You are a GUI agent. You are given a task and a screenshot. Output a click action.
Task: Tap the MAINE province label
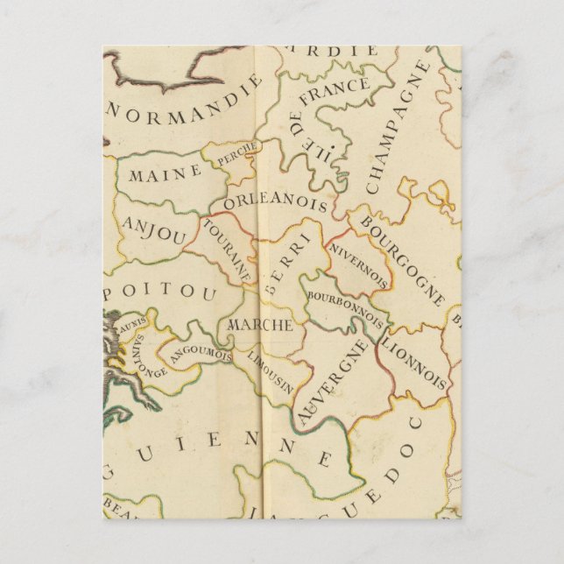[165, 173]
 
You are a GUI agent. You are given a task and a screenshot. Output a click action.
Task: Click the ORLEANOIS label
[275, 203]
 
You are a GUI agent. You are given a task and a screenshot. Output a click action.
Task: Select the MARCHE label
[259, 325]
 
